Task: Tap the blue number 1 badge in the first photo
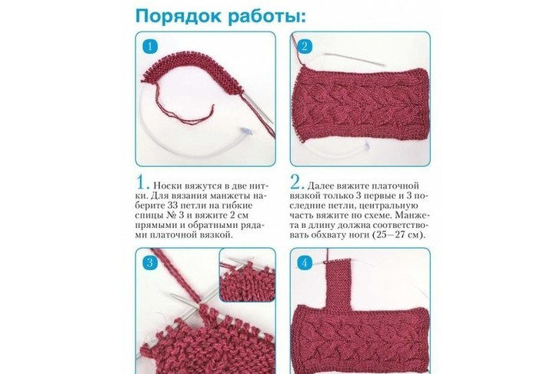pos(150,46)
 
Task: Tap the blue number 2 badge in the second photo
pos(305,46)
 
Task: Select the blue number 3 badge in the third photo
pos(150,262)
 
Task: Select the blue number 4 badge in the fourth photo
pos(305,263)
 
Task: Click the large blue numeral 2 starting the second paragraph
pos(298,183)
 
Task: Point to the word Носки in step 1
pos(168,185)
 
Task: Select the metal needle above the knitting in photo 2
pos(355,59)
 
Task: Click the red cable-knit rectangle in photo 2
pos(360,105)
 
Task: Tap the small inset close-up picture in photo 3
pos(247,275)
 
